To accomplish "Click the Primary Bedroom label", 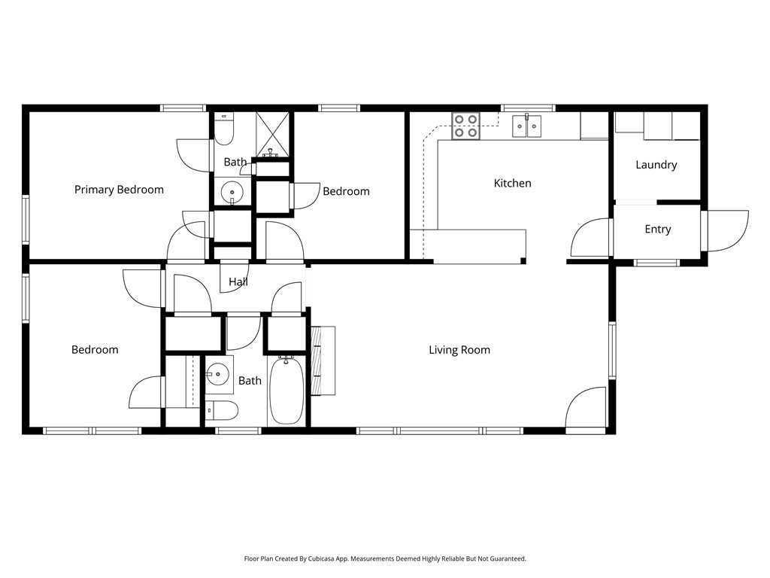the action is [119, 190].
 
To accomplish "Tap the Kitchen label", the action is [512, 184].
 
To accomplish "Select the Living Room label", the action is [459, 350].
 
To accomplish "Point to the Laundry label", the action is [656, 165].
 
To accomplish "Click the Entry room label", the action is [657, 229].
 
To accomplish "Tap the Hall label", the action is [238, 281].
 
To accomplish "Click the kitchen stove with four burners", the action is [465, 126].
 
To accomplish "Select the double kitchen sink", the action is [527, 126].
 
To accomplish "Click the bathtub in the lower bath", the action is [286, 391].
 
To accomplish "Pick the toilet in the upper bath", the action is [224, 129].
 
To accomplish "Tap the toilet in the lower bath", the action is [222, 410].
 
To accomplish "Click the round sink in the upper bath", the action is [232, 193].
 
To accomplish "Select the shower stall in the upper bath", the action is [273, 134].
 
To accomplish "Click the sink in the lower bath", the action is [217, 375].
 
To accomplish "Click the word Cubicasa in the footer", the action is [322, 559].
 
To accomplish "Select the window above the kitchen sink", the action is [528, 108].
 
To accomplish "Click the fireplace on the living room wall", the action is [323, 360].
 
